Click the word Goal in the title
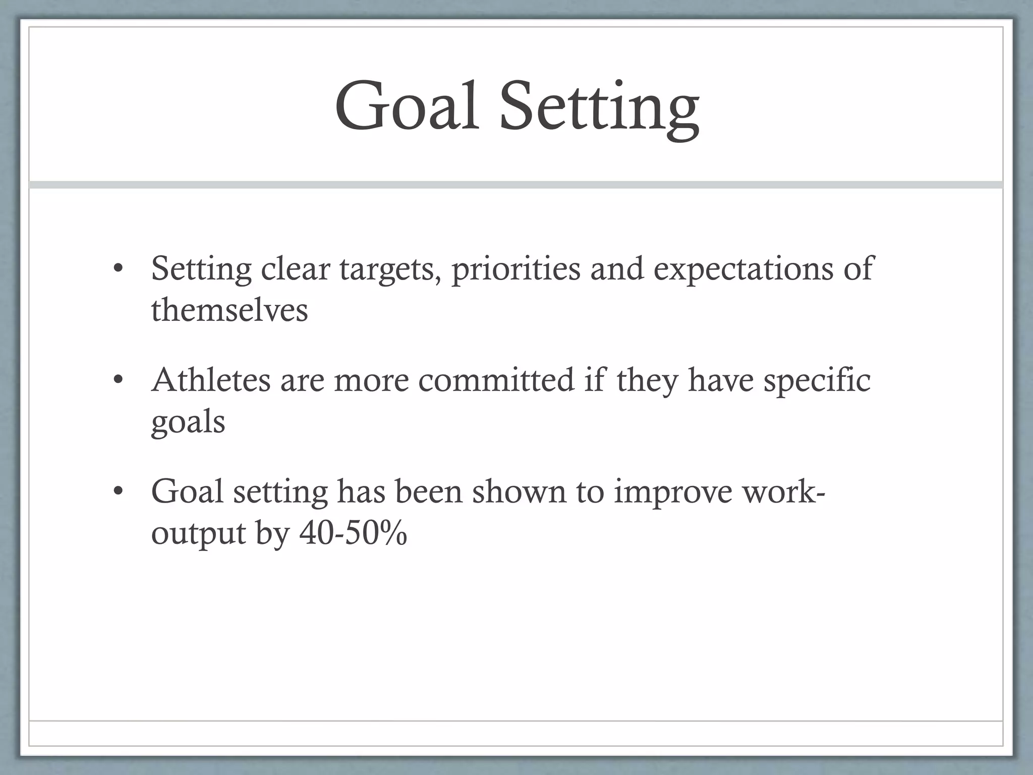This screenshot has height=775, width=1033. click(407, 107)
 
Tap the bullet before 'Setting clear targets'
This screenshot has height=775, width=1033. click(118, 268)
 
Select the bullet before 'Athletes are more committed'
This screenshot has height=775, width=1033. click(118, 380)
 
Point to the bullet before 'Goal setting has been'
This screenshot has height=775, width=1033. click(118, 491)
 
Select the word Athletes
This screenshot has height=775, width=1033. click(211, 380)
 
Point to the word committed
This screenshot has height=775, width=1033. click(496, 380)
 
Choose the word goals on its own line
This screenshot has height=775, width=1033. click(188, 423)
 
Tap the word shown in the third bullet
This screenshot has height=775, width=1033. click(519, 491)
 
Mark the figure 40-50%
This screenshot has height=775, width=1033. click(353, 533)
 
